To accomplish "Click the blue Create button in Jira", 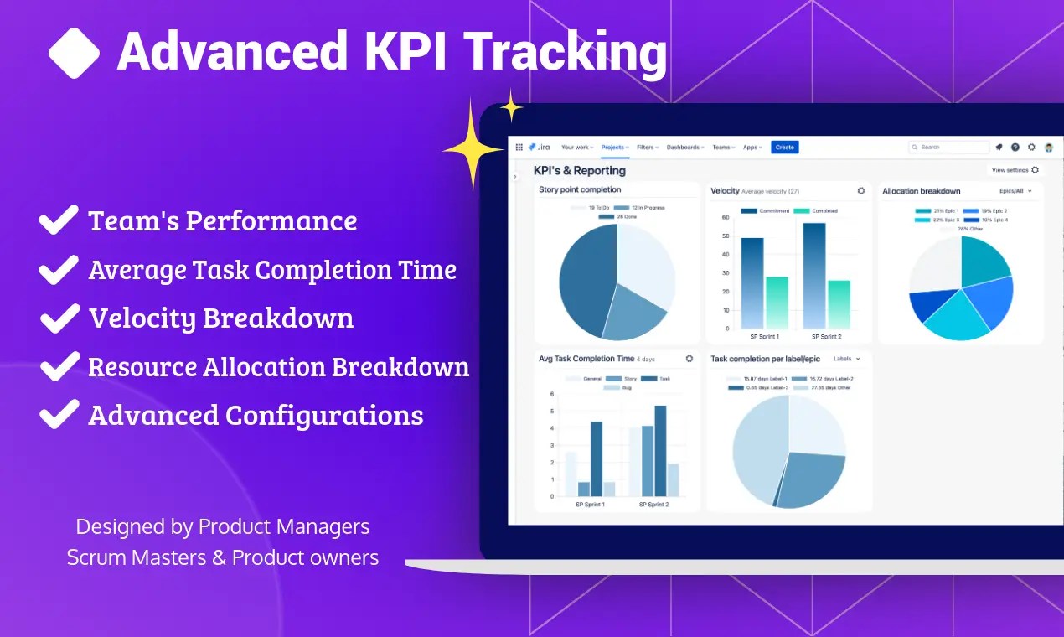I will [x=784, y=147].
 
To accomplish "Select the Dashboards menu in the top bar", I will [x=684, y=147].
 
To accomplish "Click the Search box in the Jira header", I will [x=948, y=147].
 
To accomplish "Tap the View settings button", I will [x=1015, y=170].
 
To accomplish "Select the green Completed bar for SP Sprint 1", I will [x=777, y=302].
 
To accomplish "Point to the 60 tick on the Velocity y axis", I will [x=725, y=217].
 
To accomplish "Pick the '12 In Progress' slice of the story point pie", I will [x=634, y=309].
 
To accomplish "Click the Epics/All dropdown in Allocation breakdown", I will [x=1016, y=191].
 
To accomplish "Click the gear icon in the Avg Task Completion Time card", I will [x=690, y=359].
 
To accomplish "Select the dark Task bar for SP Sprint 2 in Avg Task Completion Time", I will [x=660, y=451].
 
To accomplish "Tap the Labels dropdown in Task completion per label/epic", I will [x=846, y=359].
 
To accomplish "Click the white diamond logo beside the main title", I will [x=74, y=52].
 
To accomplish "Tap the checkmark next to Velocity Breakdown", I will [x=59, y=318].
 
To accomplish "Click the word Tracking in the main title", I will [x=566, y=52].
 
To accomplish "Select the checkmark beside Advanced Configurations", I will [x=59, y=416].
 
